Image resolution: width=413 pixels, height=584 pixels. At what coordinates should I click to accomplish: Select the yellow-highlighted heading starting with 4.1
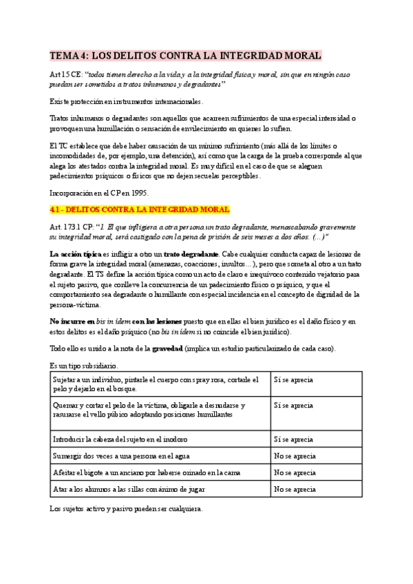[139, 209]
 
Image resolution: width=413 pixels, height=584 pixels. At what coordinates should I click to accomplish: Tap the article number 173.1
[77, 227]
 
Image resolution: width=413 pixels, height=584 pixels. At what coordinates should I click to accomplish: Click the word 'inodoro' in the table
[173, 439]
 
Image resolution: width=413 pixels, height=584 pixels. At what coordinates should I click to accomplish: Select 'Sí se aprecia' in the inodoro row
[294, 439]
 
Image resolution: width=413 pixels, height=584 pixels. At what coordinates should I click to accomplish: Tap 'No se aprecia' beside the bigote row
[295, 472]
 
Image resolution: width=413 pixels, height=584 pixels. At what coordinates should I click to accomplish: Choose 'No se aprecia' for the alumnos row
[295, 490]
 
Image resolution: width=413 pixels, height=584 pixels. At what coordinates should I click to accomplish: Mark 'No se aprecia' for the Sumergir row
[295, 456]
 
